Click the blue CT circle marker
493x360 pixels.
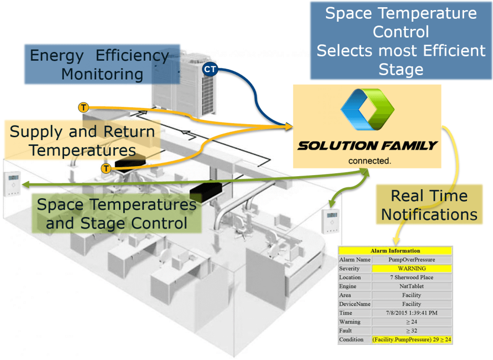[x=210, y=69]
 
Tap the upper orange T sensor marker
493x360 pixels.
[x=83, y=107]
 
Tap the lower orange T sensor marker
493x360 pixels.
[x=106, y=168]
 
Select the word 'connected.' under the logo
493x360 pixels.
[x=369, y=161]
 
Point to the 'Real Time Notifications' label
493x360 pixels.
[x=429, y=205]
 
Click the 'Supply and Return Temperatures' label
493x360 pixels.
[x=82, y=141]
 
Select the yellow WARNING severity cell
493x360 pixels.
[x=412, y=269]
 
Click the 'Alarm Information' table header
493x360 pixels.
[x=395, y=251]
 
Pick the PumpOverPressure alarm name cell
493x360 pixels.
[x=412, y=260]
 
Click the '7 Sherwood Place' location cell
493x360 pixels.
[x=412, y=278]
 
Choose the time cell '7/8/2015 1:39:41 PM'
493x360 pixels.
[x=412, y=313]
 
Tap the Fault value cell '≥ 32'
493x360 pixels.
[x=412, y=331]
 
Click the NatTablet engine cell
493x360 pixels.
[x=412, y=286]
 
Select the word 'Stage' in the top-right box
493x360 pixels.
[x=401, y=69]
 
